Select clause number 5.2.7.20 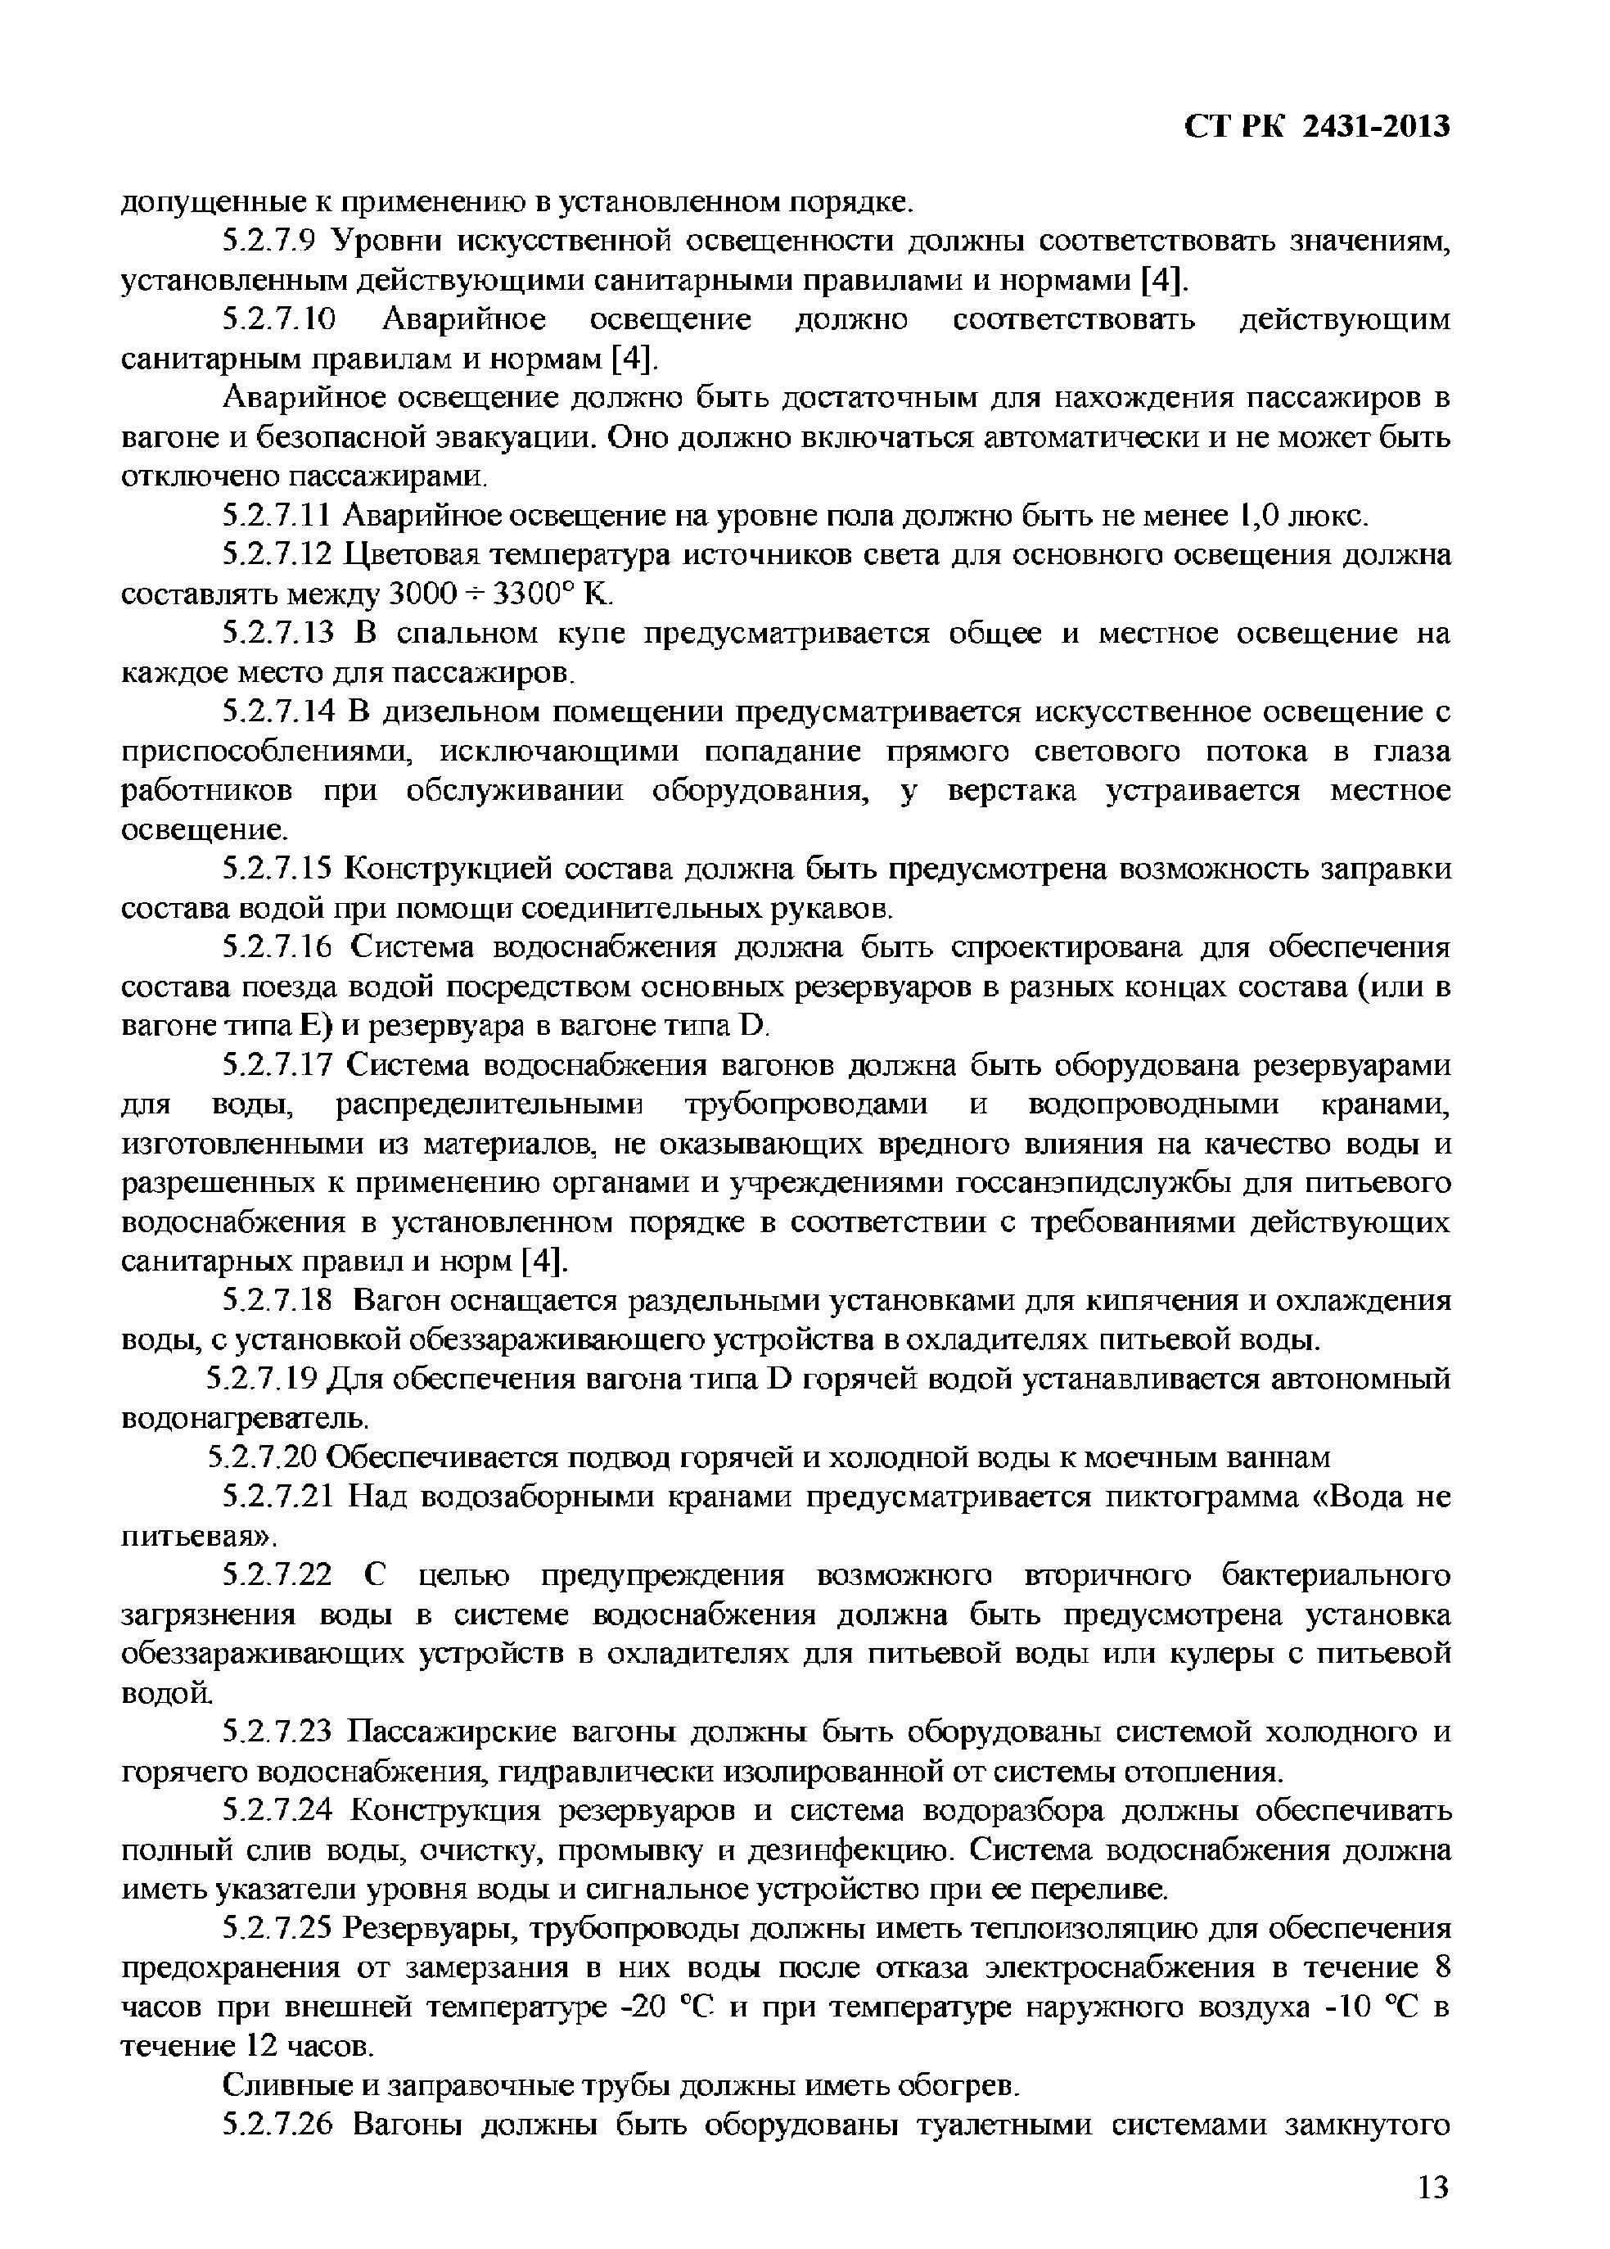[264, 1457]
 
